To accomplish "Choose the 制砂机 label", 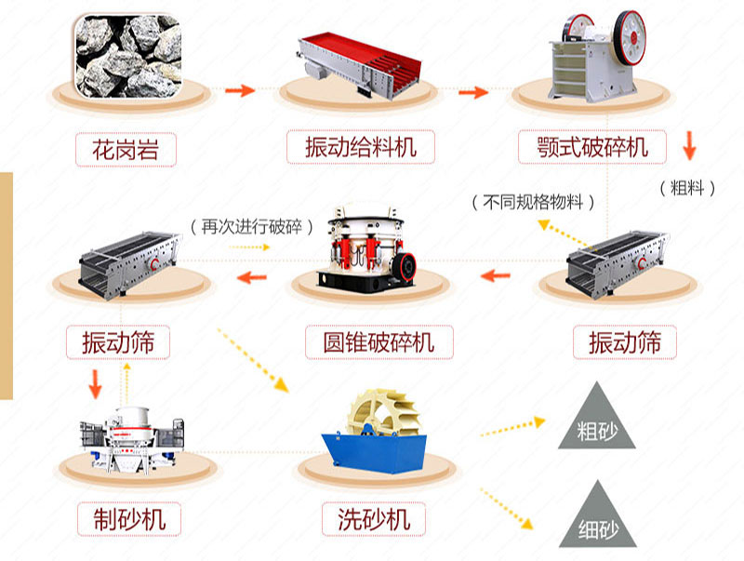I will (x=128, y=517).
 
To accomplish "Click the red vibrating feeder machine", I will (x=359, y=61).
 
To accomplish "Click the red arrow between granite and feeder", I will (x=240, y=90).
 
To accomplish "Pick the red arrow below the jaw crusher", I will (x=689, y=145).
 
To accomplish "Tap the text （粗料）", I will (x=688, y=187).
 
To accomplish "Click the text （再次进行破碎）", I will (x=250, y=226).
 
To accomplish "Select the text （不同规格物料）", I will (x=533, y=201).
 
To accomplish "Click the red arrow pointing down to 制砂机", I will (x=94, y=382).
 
